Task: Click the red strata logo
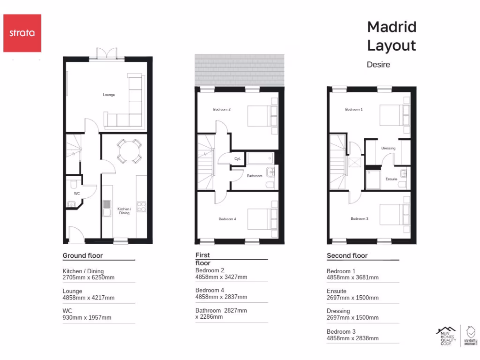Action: [x=22, y=33]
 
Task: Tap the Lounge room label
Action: [x=109, y=95]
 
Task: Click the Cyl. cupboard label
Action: [x=238, y=159]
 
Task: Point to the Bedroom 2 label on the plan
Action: [x=222, y=110]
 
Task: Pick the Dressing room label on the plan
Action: [x=388, y=148]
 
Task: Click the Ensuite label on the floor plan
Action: [x=391, y=179]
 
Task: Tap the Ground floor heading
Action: [x=82, y=255]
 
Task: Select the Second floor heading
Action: [x=347, y=255]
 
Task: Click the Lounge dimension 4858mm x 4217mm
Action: [x=89, y=298]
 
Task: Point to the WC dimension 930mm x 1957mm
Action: [x=87, y=317]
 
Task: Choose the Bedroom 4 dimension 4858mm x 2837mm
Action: [x=221, y=297]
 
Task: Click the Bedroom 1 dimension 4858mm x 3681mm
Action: [x=352, y=277]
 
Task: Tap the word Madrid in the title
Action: [x=391, y=27]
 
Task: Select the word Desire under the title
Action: [x=378, y=65]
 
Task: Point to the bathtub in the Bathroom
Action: [x=263, y=158]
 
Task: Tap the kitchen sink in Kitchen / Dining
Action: [x=107, y=208]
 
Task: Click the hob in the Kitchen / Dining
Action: [x=141, y=207]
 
